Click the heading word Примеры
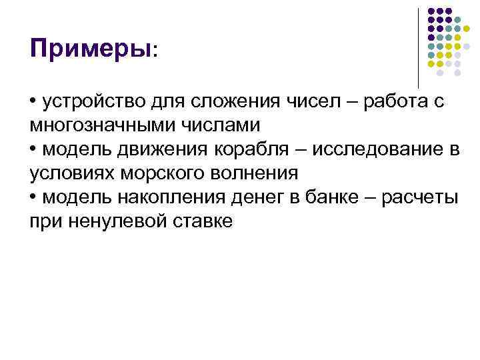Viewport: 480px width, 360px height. coord(91,49)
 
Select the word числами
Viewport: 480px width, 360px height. coord(212,125)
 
